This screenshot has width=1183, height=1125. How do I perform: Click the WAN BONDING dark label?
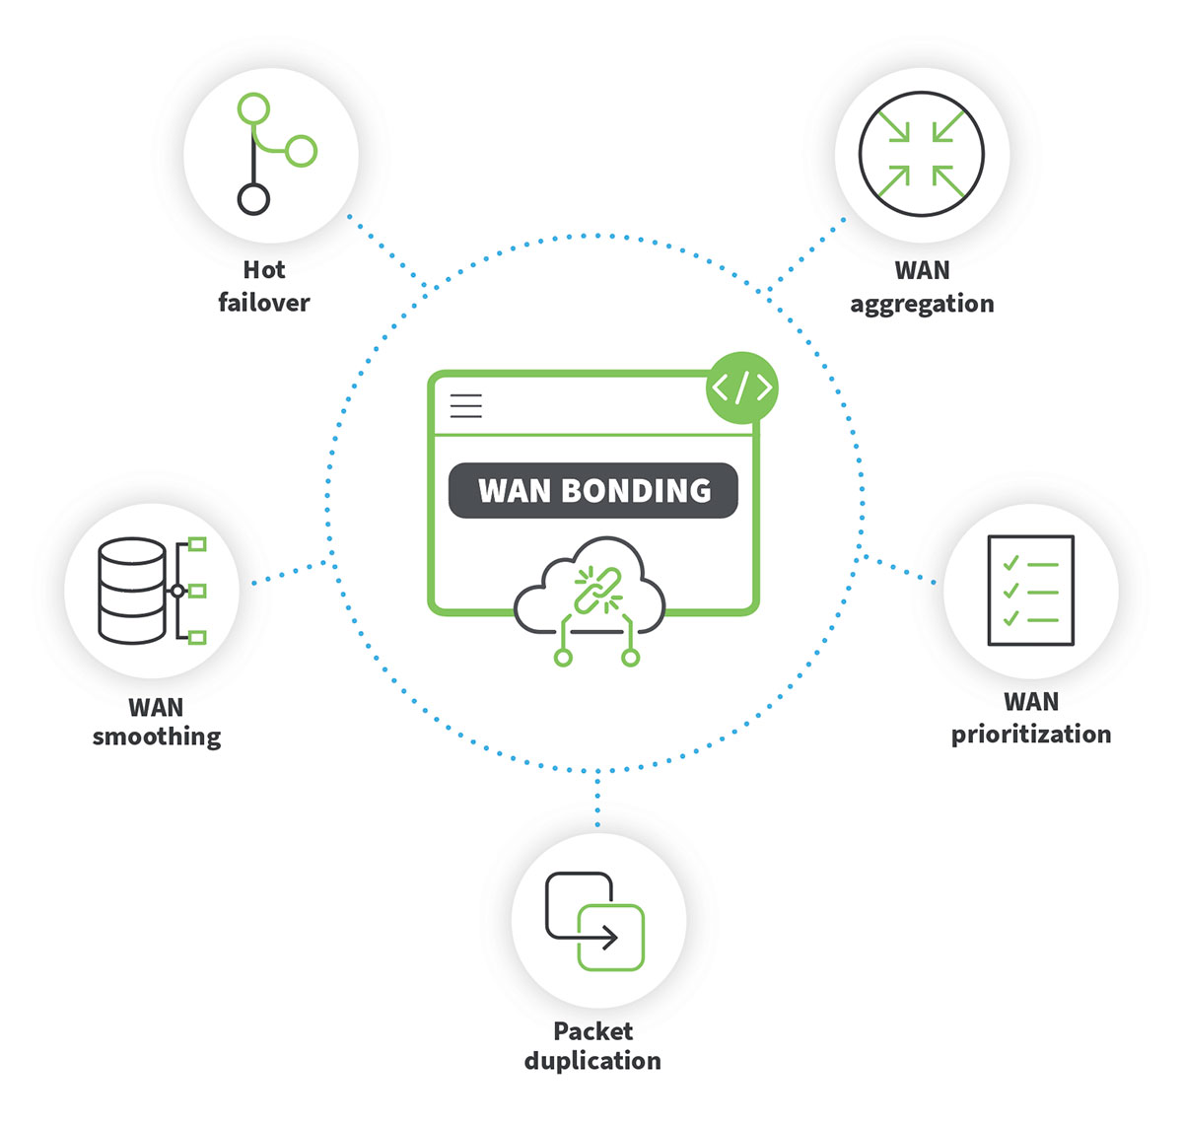[593, 490]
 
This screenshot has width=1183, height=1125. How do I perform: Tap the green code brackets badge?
[742, 387]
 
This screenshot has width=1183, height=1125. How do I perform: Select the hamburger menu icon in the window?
[466, 405]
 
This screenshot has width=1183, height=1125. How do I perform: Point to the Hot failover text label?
[264, 286]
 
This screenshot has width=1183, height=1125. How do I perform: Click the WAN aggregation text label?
[922, 287]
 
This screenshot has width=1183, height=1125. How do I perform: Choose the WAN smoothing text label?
[157, 722]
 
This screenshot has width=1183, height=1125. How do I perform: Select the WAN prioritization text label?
[1030, 718]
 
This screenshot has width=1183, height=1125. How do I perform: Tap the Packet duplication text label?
[592, 1046]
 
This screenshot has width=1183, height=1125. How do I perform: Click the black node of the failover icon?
[253, 199]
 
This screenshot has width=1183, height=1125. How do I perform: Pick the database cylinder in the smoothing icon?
[132, 591]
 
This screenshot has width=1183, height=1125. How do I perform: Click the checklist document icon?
[1030, 591]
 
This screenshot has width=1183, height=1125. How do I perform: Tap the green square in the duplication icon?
[611, 937]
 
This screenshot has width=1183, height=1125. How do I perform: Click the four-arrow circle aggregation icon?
[922, 154]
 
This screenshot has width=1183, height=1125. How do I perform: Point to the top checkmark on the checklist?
[1010, 563]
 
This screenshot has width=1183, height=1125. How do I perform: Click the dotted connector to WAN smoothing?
[291, 573]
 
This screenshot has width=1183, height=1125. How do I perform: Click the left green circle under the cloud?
[563, 657]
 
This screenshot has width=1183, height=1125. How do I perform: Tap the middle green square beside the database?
[197, 591]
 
